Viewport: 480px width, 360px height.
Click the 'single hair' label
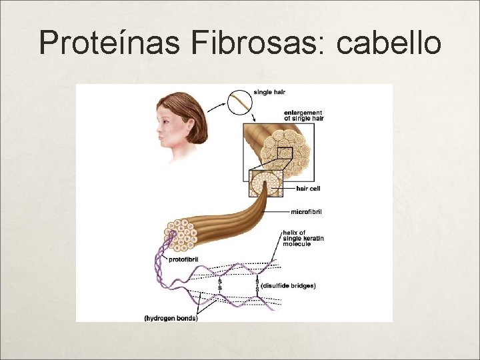tap(269, 91)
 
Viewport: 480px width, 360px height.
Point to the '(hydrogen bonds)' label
tap(170, 318)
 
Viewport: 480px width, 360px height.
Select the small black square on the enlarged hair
tap(285, 155)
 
